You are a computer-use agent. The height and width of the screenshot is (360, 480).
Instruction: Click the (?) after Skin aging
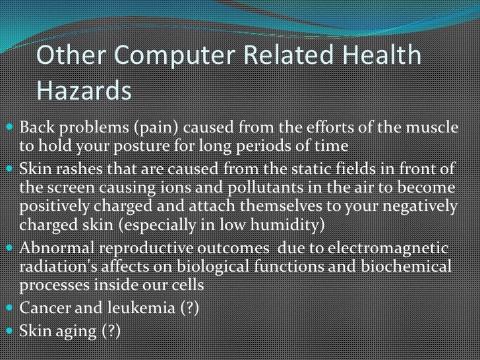point(108,332)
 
